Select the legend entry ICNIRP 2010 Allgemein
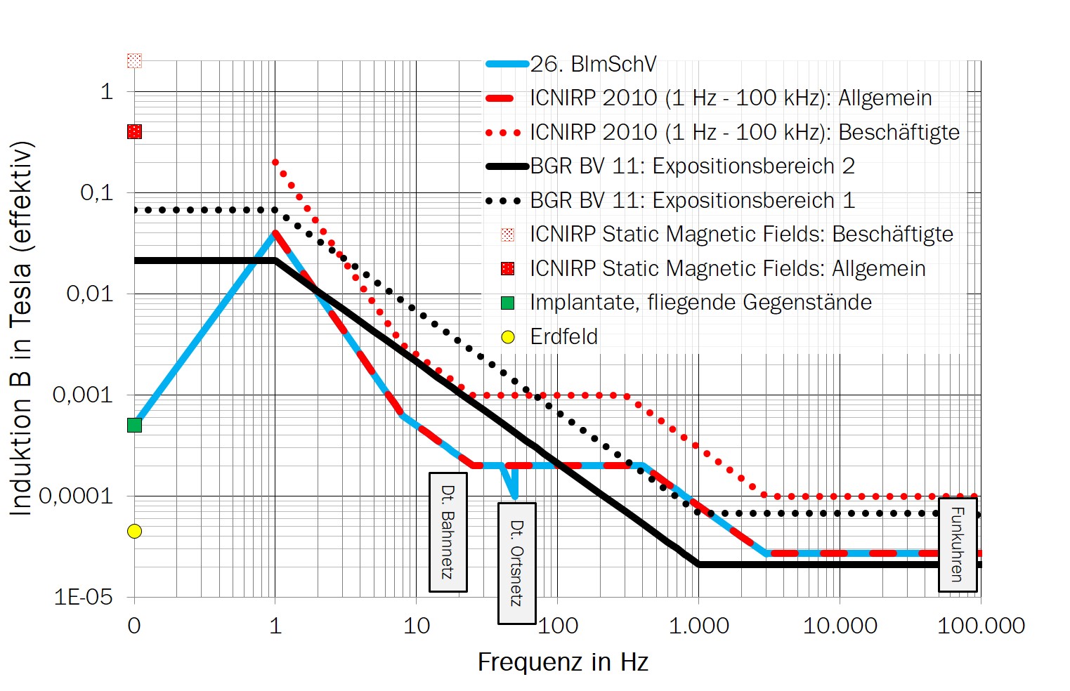click(731, 98)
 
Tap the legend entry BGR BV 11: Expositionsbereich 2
click(692, 166)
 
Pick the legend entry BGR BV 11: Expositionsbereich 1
click(692, 200)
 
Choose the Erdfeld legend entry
click(563, 336)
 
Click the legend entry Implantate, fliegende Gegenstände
click(700, 303)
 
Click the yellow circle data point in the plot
click(134, 531)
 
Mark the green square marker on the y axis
click(134, 425)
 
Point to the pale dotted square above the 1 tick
click(134, 60)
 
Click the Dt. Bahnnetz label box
click(448, 532)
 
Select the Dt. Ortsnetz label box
click(516, 562)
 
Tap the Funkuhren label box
click(958, 544)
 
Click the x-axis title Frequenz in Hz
click(563, 662)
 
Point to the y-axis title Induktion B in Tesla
click(21, 329)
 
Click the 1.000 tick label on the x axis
click(698, 625)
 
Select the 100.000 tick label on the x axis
click(981, 625)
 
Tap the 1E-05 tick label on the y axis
click(83, 597)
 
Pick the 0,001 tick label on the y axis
click(83, 395)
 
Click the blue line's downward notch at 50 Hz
click(514, 492)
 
